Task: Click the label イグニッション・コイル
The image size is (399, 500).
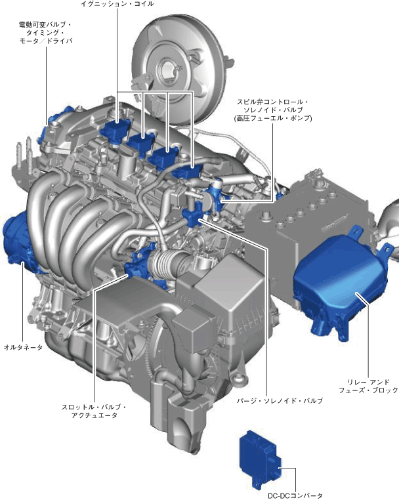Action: tap(117, 4)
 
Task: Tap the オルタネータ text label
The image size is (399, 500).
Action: tap(23, 347)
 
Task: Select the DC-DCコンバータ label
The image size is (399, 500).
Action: tap(295, 495)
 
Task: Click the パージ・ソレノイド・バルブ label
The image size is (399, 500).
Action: tap(280, 401)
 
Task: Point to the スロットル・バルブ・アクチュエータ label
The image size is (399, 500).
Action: tap(94, 411)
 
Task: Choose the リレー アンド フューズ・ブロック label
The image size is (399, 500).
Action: tap(368, 386)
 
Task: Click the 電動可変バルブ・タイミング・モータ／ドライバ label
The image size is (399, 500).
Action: tap(45, 33)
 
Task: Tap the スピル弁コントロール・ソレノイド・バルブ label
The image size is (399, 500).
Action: tap(273, 110)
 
